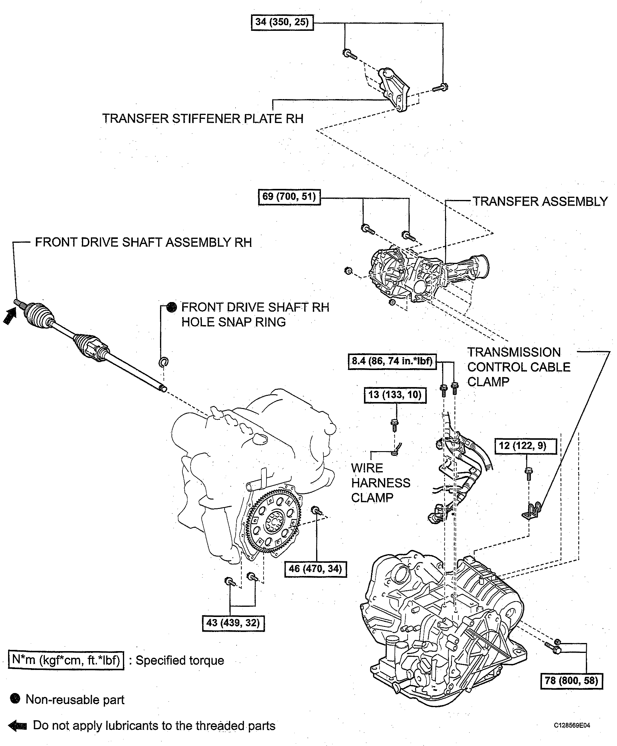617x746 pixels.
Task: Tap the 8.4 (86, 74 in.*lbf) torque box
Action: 392,362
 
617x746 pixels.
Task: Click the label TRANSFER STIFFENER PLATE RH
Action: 203,119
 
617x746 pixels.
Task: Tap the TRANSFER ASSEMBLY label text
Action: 540,201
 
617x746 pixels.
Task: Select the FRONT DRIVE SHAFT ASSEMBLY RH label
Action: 143,242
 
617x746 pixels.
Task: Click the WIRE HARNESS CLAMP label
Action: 380,483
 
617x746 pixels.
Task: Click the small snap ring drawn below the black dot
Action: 163,362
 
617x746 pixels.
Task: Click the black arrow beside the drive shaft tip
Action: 10,316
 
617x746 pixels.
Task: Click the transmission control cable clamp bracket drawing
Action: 531,510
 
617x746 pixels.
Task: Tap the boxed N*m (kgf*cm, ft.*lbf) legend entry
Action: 66,660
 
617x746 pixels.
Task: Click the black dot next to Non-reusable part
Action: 15,699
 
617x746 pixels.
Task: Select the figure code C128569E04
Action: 572,725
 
